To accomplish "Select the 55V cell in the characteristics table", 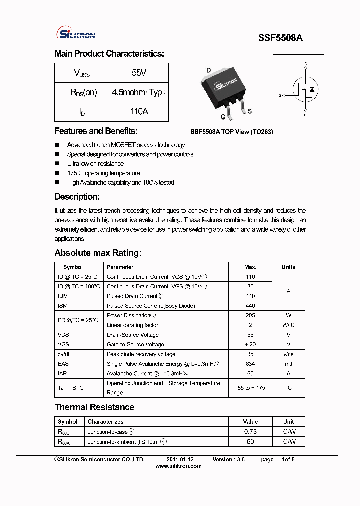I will click(139, 73).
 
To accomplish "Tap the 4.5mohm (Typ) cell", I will click(139, 92).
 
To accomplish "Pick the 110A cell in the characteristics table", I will click(139, 111).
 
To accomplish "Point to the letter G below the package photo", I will click(223, 117).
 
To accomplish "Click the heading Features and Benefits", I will click(96, 131).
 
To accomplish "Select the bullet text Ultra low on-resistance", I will click(95, 164).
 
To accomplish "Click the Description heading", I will click(77, 197).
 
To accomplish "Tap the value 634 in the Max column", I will click(250, 364).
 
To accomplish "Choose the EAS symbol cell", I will click(63, 364).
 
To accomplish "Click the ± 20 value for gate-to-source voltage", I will click(250, 345).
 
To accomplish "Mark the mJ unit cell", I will click(288, 364).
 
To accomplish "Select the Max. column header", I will click(250, 267).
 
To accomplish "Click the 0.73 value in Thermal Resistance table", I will click(250, 432).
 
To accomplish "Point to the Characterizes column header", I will click(105, 422).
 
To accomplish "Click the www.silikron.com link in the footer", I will click(178, 466).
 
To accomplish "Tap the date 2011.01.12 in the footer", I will click(180, 459).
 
